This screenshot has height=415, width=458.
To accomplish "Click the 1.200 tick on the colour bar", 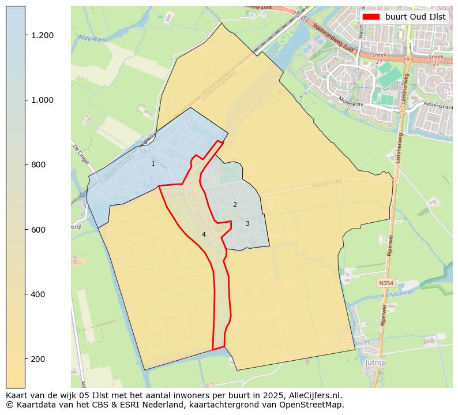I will (25, 35).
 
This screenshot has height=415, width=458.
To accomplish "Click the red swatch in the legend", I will (371, 17).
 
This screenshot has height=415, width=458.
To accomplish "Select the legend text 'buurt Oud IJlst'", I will (415, 17).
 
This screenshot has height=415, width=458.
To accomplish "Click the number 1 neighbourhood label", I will (153, 164).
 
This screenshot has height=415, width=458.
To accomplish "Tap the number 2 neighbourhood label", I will (235, 205).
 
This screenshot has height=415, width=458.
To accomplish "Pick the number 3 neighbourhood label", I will (247, 224).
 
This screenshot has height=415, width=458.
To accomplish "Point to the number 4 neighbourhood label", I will (204, 234).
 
